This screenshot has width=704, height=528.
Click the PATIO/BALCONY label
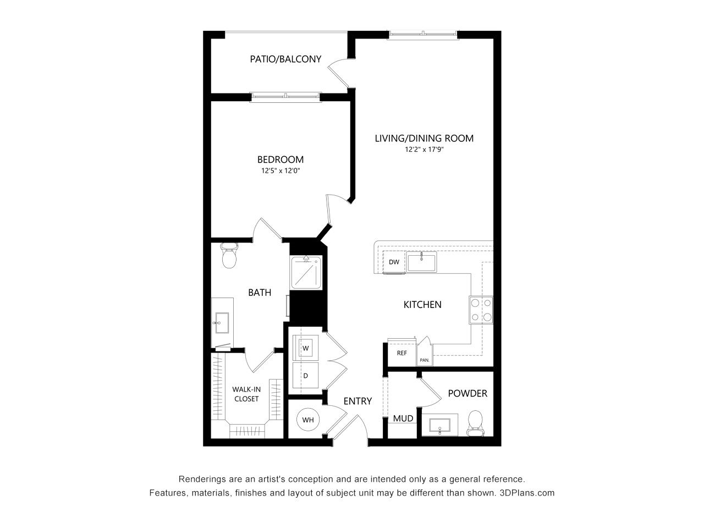[285, 59]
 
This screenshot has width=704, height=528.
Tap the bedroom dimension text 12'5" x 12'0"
[280, 170]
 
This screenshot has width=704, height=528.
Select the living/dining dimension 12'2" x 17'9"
[424, 150]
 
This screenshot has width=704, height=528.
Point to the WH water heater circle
[308, 420]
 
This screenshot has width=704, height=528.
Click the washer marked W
[305, 348]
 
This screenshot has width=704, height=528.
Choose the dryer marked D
[305, 376]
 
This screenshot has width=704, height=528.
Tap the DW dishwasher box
[394, 262]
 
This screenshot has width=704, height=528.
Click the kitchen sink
[421, 262]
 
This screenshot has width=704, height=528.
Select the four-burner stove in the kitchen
[481, 310]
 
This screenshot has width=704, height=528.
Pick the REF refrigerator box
[402, 353]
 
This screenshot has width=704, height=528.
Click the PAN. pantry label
[424, 360]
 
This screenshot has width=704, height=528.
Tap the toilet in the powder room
[475, 423]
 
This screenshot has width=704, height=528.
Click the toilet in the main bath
[229, 255]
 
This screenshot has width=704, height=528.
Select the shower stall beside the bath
[306, 272]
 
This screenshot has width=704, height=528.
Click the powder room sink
[439, 425]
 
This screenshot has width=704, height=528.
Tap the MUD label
[403, 419]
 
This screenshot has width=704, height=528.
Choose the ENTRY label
[358, 401]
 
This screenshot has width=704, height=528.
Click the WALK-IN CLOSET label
[246, 394]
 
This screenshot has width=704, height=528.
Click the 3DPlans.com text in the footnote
[527, 493]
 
